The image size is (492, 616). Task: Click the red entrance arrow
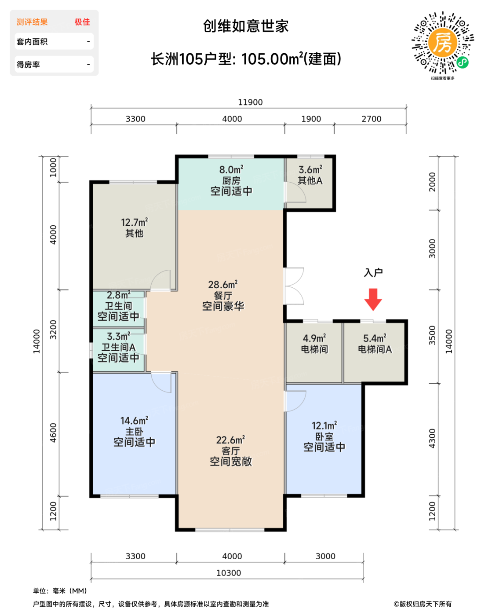373,299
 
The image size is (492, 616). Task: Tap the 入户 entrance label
373,272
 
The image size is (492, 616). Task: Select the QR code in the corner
442,43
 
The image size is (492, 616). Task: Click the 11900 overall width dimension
250,102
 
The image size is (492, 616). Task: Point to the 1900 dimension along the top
311,119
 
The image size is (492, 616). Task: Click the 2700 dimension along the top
371,119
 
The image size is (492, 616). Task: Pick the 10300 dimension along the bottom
229,573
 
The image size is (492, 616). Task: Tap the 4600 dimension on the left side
53,433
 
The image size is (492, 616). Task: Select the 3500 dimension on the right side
432,335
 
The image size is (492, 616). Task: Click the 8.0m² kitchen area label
231,170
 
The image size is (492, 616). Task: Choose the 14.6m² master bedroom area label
134,421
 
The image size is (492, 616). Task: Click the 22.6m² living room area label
230,440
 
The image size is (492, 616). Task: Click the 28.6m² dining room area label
223,285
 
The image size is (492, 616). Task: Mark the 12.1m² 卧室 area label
324,425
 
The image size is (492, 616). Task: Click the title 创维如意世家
246,26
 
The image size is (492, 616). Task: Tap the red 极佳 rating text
82,22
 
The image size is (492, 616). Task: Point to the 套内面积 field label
32,42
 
